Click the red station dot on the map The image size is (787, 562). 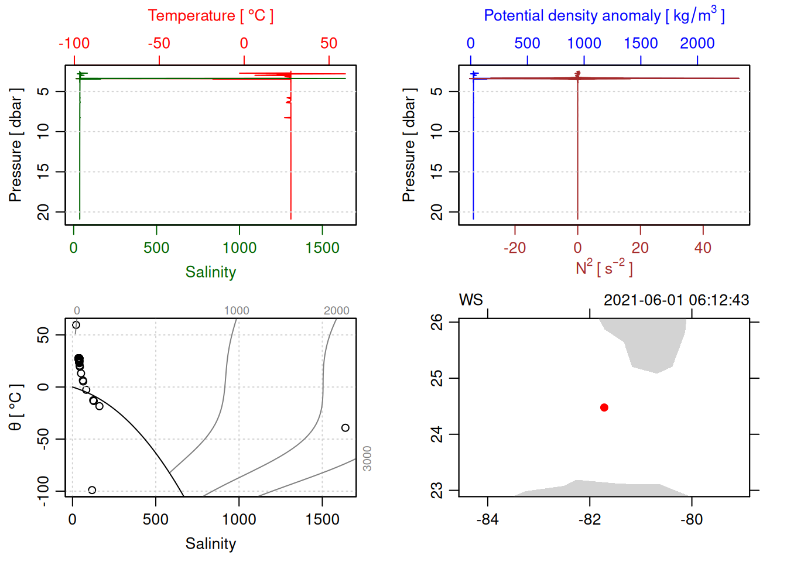click(604, 407)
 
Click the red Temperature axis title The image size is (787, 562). click(210, 16)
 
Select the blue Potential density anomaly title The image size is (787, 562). click(604, 16)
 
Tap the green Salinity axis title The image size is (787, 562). click(210, 272)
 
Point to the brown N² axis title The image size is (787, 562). click(604, 268)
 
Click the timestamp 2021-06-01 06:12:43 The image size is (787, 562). click(676, 300)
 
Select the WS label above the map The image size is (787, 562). click(471, 300)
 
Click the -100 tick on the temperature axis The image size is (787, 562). click(74, 43)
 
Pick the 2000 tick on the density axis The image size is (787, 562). click(697, 43)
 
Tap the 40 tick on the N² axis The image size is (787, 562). click(703, 248)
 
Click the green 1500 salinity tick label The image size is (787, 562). click(322, 248)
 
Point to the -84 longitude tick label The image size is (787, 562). click(487, 520)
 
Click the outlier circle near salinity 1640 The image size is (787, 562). click(345, 428)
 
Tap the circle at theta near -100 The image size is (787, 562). click(92, 490)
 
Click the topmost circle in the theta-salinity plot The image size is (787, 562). click(76, 325)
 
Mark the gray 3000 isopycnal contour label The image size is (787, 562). click(367, 458)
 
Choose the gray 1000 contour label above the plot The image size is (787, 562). click(237, 311)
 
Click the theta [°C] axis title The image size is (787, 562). click(15, 407)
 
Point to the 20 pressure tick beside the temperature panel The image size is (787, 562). click(44, 212)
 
